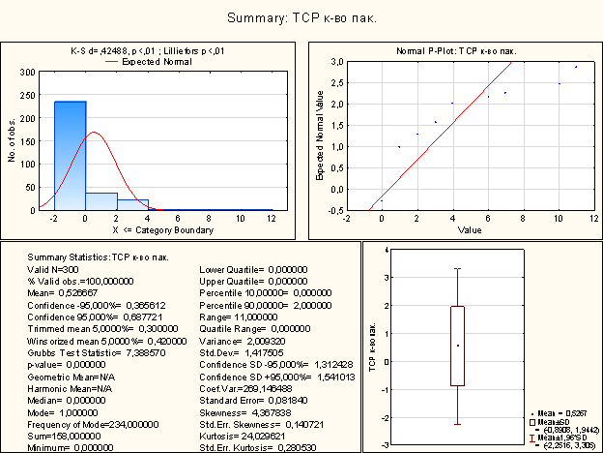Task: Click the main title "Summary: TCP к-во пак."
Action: point(301,18)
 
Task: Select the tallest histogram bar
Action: point(70,155)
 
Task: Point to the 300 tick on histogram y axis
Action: point(28,72)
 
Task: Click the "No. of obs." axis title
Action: point(13,141)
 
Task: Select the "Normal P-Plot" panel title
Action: point(456,50)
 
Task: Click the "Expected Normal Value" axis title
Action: point(320,136)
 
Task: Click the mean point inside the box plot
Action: point(458,346)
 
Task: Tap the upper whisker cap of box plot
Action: point(458,269)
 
